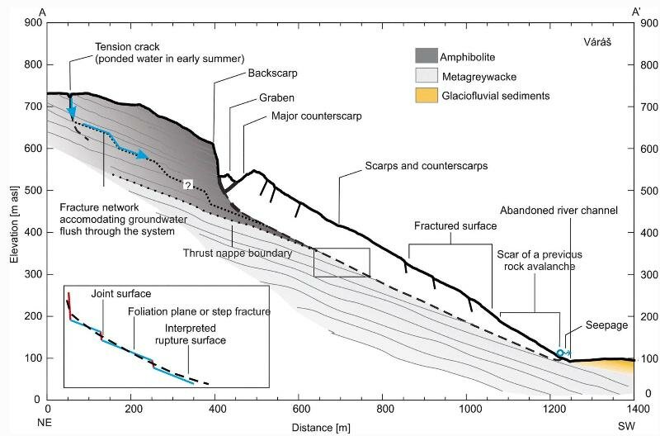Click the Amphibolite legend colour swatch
(429, 55)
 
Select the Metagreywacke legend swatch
(429, 76)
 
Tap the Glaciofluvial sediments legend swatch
(429, 96)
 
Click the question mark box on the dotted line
(188, 185)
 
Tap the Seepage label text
(606, 325)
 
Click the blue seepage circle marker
(559, 353)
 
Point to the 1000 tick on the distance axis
(467, 409)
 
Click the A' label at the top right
(636, 10)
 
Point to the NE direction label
(49, 420)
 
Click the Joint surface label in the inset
(115, 294)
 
